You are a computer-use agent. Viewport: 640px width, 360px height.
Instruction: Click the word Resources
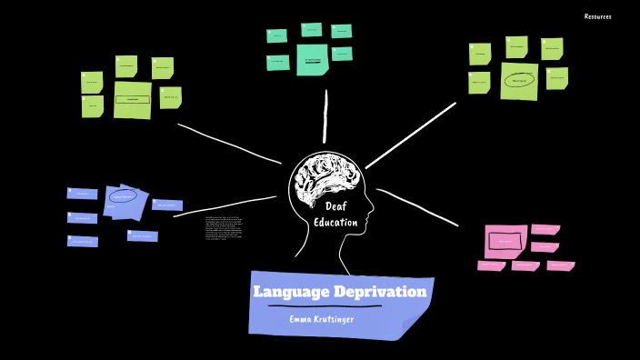click(597, 16)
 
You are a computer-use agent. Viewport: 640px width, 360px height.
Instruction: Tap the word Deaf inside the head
click(336, 206)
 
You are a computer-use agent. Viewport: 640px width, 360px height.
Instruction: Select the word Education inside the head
click(335, 223)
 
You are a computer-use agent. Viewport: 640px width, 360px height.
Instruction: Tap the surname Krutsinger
click(345, 319)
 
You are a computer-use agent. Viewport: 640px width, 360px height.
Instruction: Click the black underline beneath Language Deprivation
click(325, 306)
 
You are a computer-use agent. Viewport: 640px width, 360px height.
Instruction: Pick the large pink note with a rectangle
click(505, 241)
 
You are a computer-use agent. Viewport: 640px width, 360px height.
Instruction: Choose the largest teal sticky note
click(312, 60)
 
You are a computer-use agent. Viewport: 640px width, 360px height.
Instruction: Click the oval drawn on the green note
click(519, 81)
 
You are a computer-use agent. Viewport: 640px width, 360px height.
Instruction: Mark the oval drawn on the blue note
click(124, 195)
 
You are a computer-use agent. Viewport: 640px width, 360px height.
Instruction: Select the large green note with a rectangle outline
click(133, 99)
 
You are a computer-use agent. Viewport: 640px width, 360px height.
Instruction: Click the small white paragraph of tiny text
click(224, 227)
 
